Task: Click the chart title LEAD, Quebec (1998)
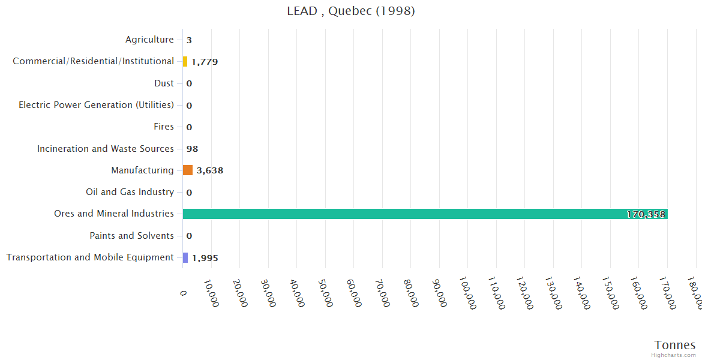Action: point(351,11)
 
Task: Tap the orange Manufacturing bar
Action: point(188,170)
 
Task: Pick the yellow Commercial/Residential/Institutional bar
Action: point(185,61)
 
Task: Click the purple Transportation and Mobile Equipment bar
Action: point(185,257)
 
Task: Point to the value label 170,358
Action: point(646,214)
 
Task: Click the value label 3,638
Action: point(210,170)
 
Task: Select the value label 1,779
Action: point(205,62)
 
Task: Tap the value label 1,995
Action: point(205,258)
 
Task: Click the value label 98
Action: point(192,149)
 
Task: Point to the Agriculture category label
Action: point(149,40)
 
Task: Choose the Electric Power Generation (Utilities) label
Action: point(96,105)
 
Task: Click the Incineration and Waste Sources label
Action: point(106,149)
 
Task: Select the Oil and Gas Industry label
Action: point(130,192)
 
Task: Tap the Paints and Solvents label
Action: point(131,236)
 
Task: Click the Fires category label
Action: point(164,127)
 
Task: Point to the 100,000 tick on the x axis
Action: point(466,292)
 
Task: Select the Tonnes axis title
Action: point(675,344)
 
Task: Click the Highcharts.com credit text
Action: point(674,355)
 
